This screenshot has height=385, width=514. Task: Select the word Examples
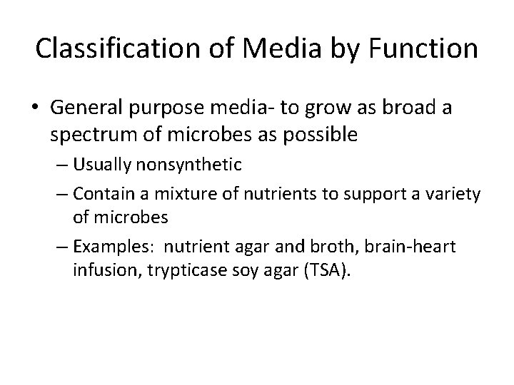tap(107, 247)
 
